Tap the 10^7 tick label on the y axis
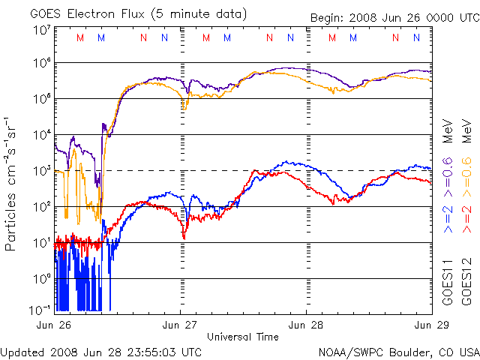point(41,31)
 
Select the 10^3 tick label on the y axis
point(41,171)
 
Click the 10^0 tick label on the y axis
point(41,279)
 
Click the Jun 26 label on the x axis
point(55,325)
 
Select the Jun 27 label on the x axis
point(181,325)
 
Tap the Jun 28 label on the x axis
point(306,325)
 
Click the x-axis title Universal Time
point(243,337)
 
